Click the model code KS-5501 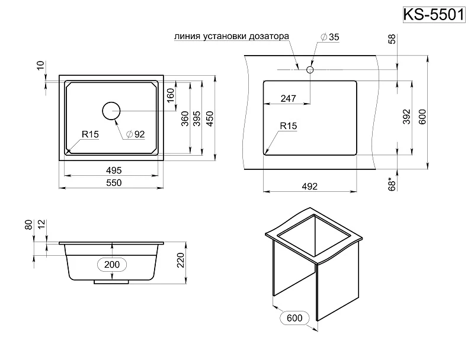click(x=434, y=14)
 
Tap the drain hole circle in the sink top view click(x=111, y=111)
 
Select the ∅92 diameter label click(x=135, y=134)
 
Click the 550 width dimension click(x=113, y=183)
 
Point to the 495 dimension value click(x=113, y=170)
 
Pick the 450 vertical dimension click(x=209, y=118)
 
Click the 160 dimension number click(x=171, y=94)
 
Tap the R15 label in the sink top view click(x=90, y=135)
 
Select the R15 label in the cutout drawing click(x=288, y=126)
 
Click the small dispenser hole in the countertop click(x=309, y=70)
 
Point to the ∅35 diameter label click(x=329, y=37)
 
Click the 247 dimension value click(x=288, y=99)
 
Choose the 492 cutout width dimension click(x=310, y=186)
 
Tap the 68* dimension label click(x=392, y=184)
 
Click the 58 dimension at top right click(x=392, y=40)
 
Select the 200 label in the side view click(x=112, y=264)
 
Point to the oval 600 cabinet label click(x=294, y=319)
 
